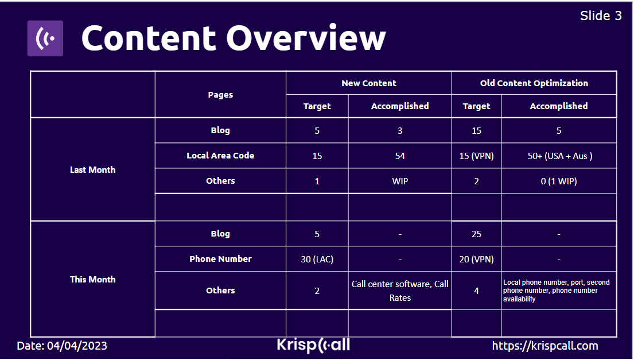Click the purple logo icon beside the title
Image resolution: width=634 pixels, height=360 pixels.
coord(45,38)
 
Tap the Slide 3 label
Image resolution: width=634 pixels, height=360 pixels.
coord(601,16)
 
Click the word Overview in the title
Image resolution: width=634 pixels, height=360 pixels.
coord(306,38)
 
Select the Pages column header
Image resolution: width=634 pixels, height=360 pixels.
coord(220,95)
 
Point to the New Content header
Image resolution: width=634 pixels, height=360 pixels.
coord(369,83)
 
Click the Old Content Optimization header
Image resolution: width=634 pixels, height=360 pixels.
coord(534,83)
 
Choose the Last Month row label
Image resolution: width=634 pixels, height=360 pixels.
coord(92,170)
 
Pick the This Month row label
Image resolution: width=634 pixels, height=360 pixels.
coord(92,280)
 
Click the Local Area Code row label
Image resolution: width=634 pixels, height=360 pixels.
coord(220,156)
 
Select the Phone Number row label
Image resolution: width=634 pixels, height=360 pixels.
coord(220,259)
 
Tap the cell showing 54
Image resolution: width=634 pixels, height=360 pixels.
coord(400,156)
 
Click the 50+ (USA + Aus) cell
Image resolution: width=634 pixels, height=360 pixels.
coord(559,156)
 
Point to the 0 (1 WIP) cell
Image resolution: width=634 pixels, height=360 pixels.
coord(559,181)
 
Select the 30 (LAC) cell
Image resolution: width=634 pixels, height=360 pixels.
coord(317,260)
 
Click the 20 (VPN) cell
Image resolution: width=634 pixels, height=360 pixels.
coord(476,260)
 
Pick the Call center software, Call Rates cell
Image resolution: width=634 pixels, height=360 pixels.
coord(400,291)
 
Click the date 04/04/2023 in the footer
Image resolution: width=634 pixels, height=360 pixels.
coord(77,346)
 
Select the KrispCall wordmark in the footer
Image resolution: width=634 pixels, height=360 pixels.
coord(313,345)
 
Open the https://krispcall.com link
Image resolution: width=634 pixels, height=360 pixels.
coord(545,346)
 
